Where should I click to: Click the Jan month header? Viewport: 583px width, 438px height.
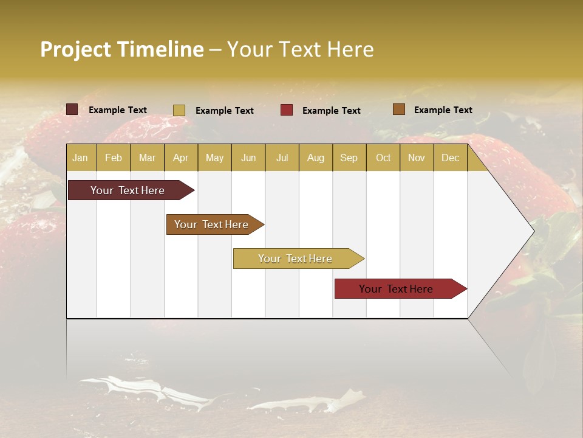coord(81,158)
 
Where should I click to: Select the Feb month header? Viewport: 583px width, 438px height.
coord(114,158)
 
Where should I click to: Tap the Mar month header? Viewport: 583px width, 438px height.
coord(147,158)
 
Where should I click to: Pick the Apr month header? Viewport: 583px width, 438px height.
coord(181,158)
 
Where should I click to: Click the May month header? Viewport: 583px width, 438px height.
coord(214,158)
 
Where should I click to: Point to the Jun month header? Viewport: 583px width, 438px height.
coord(248,158)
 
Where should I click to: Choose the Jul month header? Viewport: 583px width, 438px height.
coord(282,158)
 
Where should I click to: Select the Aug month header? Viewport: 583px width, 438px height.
coord(316,158)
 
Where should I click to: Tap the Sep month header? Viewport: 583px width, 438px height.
coord(349,158)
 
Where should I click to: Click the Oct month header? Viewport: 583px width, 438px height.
coord(383,158)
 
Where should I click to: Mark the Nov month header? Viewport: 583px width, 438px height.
coord(417,158)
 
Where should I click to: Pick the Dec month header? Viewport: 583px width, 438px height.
coord(451,158)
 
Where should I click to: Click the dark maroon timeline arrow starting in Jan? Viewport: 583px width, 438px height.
coord(128,190)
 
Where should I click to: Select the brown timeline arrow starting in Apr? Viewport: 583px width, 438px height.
coord(212,224)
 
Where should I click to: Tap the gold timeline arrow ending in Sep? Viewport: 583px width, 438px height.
coord(296,259)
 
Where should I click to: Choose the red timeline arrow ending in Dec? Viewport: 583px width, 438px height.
coord(397,289)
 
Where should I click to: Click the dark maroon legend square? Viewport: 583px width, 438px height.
coord(72,109)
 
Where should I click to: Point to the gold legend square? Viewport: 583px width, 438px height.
coord(179,110)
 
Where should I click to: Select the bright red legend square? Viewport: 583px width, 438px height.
coord(287,110)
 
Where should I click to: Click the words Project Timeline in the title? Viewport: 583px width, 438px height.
coord(121,49)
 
